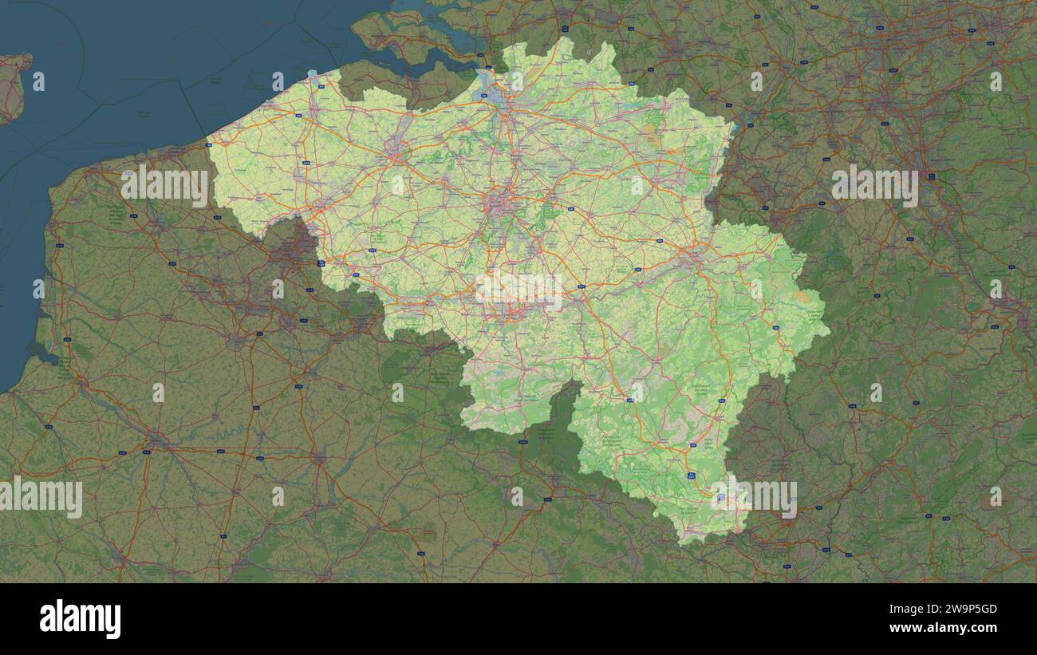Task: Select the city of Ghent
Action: click(396, 147)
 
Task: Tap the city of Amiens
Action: click(157, 440)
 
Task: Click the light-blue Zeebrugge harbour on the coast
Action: click(312, 74)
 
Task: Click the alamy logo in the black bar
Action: click(80, 619)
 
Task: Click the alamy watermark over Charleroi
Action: click(519, 290)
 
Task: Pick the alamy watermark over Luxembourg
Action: click(754, 495)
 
